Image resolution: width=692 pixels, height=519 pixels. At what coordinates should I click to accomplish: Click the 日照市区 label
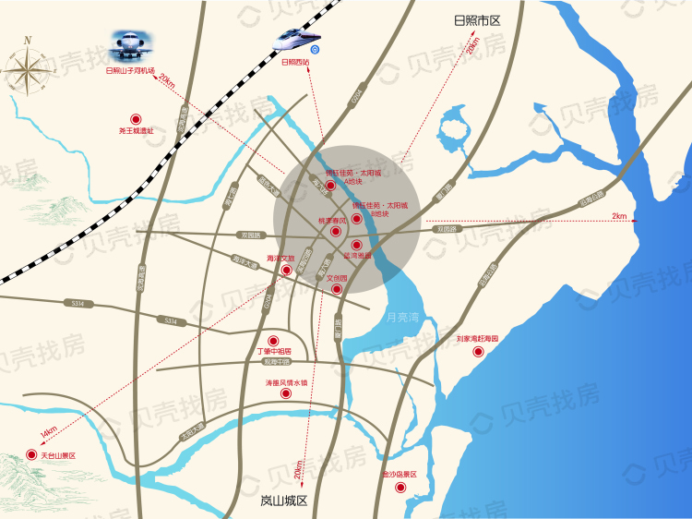pos(476,20)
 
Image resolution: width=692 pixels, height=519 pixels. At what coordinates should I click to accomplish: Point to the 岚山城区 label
pos(283,501)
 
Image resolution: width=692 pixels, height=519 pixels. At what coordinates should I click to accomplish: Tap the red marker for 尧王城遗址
pos(136,118)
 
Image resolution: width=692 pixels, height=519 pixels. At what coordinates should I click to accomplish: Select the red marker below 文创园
pos(337,289)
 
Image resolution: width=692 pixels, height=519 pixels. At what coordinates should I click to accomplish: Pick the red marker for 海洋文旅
pos(287,270)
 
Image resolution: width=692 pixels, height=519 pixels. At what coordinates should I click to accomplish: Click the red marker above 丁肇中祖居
pos(272,340)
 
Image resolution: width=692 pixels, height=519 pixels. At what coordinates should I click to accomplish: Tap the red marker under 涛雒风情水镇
pos(286,393)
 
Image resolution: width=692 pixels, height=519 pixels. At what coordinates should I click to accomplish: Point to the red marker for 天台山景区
pos(34,455)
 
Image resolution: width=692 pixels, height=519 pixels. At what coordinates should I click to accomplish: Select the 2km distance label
pos(618,216)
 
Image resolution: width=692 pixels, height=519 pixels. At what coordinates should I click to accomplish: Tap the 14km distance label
pos(48,430)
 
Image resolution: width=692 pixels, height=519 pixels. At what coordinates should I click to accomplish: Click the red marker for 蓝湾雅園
pos(357,245)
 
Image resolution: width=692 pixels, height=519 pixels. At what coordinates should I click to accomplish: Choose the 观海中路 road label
pos(276,362)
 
